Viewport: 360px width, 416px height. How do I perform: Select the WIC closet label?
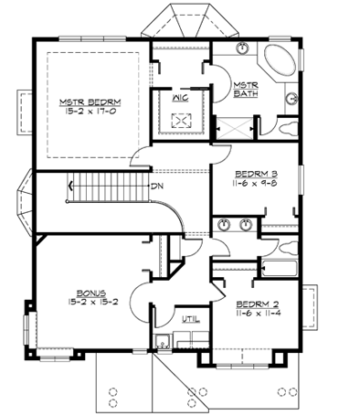[x=179, y=94]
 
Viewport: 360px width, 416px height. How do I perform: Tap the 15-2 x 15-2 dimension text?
[x=90, y=301]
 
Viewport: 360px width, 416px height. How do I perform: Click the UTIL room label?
[x=189, y=320]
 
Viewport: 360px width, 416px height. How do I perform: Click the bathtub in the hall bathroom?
[x=279, y=267]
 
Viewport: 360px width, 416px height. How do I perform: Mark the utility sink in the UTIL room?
[x=161, y=344]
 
